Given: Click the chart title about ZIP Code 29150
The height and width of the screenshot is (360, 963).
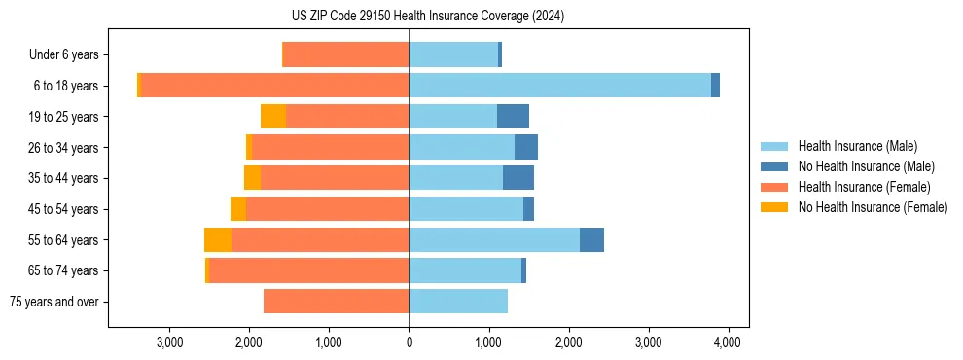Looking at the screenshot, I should point(482,17).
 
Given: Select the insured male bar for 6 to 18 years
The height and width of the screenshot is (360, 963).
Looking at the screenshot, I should point(559,86).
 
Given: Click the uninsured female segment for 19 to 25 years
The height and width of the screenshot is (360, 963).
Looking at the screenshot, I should point(273,117).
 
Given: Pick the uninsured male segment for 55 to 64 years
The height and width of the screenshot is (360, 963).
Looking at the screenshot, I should point(591,239).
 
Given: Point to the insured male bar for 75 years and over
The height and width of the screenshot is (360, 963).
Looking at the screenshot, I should point(458,302).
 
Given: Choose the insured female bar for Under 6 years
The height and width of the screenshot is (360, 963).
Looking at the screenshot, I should point(345,55).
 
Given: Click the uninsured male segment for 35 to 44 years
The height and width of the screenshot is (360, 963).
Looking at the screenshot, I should point(518,178).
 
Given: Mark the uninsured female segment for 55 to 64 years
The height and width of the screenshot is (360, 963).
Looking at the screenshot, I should point(218,239).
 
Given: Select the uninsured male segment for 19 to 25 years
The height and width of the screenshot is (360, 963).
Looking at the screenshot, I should point(513,117).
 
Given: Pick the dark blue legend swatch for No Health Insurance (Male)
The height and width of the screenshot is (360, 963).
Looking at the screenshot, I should point(775,166).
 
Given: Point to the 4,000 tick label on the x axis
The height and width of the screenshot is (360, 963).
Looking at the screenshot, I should point(729,342).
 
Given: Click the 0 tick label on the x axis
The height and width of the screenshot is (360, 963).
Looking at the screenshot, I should point(409,342).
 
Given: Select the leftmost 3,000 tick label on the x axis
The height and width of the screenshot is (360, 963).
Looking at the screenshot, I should point(169,342).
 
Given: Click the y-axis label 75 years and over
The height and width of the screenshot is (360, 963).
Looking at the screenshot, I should point(54,302).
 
